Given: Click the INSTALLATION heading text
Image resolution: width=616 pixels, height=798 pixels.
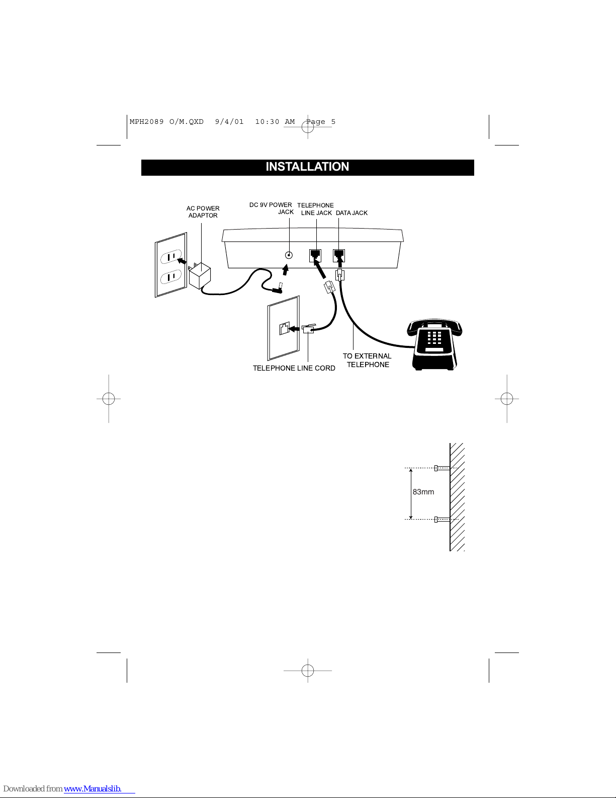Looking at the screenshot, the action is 307,167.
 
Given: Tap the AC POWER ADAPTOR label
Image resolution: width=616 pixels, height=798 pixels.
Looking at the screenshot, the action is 203,212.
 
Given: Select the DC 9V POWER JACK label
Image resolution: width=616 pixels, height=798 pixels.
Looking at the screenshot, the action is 272,208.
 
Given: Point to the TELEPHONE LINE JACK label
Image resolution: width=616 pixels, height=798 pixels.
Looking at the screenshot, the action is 316,209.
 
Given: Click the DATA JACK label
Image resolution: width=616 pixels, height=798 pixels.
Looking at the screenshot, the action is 351,213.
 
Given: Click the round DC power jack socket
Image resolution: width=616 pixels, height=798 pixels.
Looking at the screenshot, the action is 289,255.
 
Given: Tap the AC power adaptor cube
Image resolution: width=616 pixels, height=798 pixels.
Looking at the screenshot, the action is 200,276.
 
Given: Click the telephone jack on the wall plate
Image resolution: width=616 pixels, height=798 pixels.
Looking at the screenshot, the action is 284,329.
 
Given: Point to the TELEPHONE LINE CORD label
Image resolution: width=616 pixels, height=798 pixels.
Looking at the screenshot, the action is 294,368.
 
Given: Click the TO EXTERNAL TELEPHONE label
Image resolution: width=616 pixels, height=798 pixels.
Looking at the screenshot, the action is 367,360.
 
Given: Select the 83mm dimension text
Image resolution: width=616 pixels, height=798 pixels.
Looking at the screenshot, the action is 423,492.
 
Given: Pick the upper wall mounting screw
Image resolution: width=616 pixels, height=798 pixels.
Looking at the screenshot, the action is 442,468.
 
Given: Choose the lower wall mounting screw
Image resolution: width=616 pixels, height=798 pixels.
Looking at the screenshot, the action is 442,519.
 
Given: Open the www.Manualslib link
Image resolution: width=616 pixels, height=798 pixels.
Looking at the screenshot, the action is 93,789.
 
